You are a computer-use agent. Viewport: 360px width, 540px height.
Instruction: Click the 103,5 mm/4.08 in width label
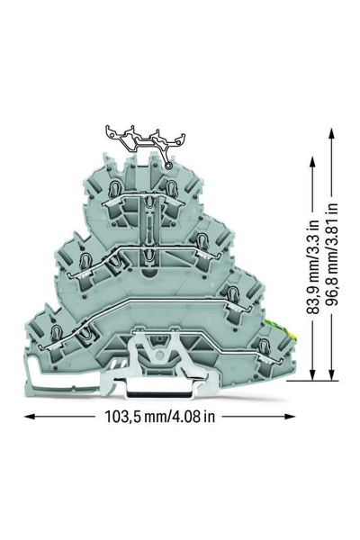click(159, 417)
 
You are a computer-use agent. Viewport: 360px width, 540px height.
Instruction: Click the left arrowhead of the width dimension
click(30, 417)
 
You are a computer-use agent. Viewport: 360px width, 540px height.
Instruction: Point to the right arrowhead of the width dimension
click(290, 417)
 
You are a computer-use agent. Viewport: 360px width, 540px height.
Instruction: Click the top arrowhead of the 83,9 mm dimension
click(312, 162)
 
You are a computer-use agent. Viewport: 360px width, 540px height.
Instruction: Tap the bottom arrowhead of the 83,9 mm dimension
click(312, 374)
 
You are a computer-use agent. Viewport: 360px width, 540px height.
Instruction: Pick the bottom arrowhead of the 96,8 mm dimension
click(331, 374)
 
